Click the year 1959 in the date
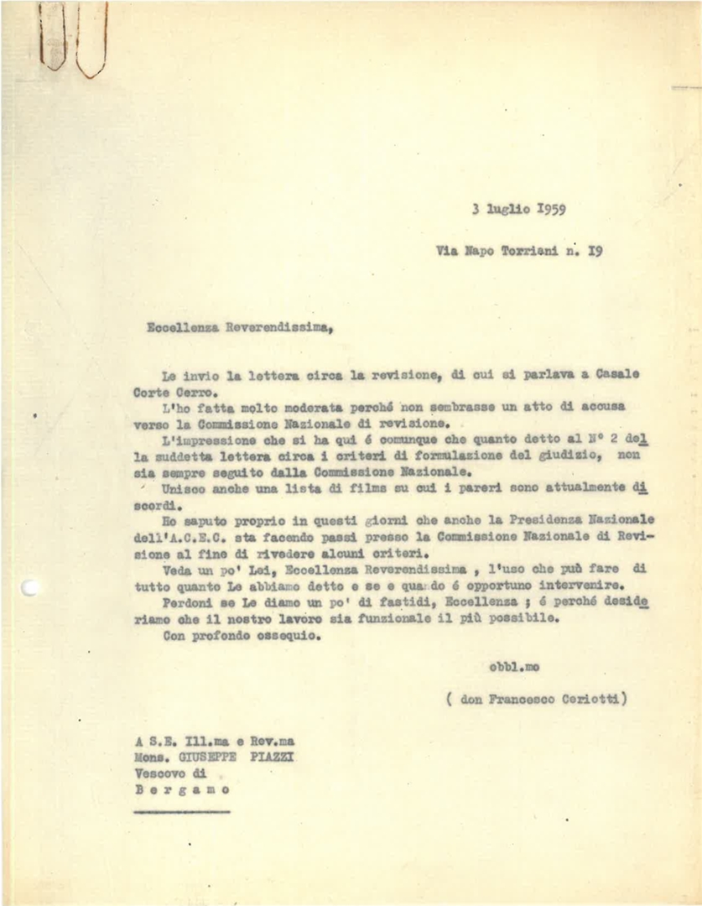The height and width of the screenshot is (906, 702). pyautogui.click(x=549, y=210)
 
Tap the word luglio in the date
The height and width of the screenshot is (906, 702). pyautogui.click(x=507, y=210)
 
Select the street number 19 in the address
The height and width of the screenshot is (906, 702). pyautogui.click(x=594, y=249)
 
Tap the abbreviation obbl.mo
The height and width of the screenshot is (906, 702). pyautogui.click(x=513, y=667)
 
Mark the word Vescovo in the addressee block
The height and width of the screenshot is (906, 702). pyautogui.click(x=159, y=774)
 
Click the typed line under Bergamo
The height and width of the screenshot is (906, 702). pyautogui.click(x=181, y=811)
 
